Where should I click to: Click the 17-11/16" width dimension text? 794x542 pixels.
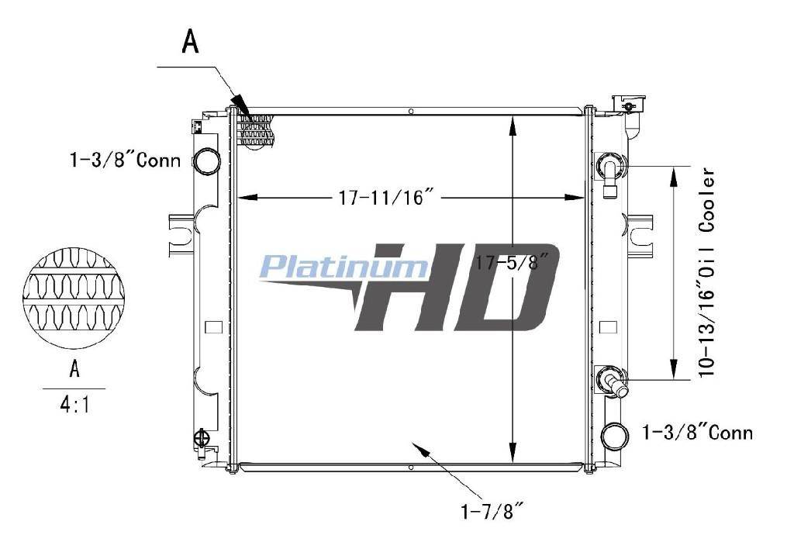(x=387, y=197)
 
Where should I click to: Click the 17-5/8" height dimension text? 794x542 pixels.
(x=512, y=262)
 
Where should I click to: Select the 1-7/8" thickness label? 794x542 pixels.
(x=491, y=512)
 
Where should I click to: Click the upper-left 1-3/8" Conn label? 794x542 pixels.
(x=125, y=160)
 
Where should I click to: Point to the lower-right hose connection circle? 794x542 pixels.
(x=615, y=435)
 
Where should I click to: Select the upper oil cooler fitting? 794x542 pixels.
(x=611, y=172)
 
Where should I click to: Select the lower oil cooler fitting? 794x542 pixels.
(x=614, y=381)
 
